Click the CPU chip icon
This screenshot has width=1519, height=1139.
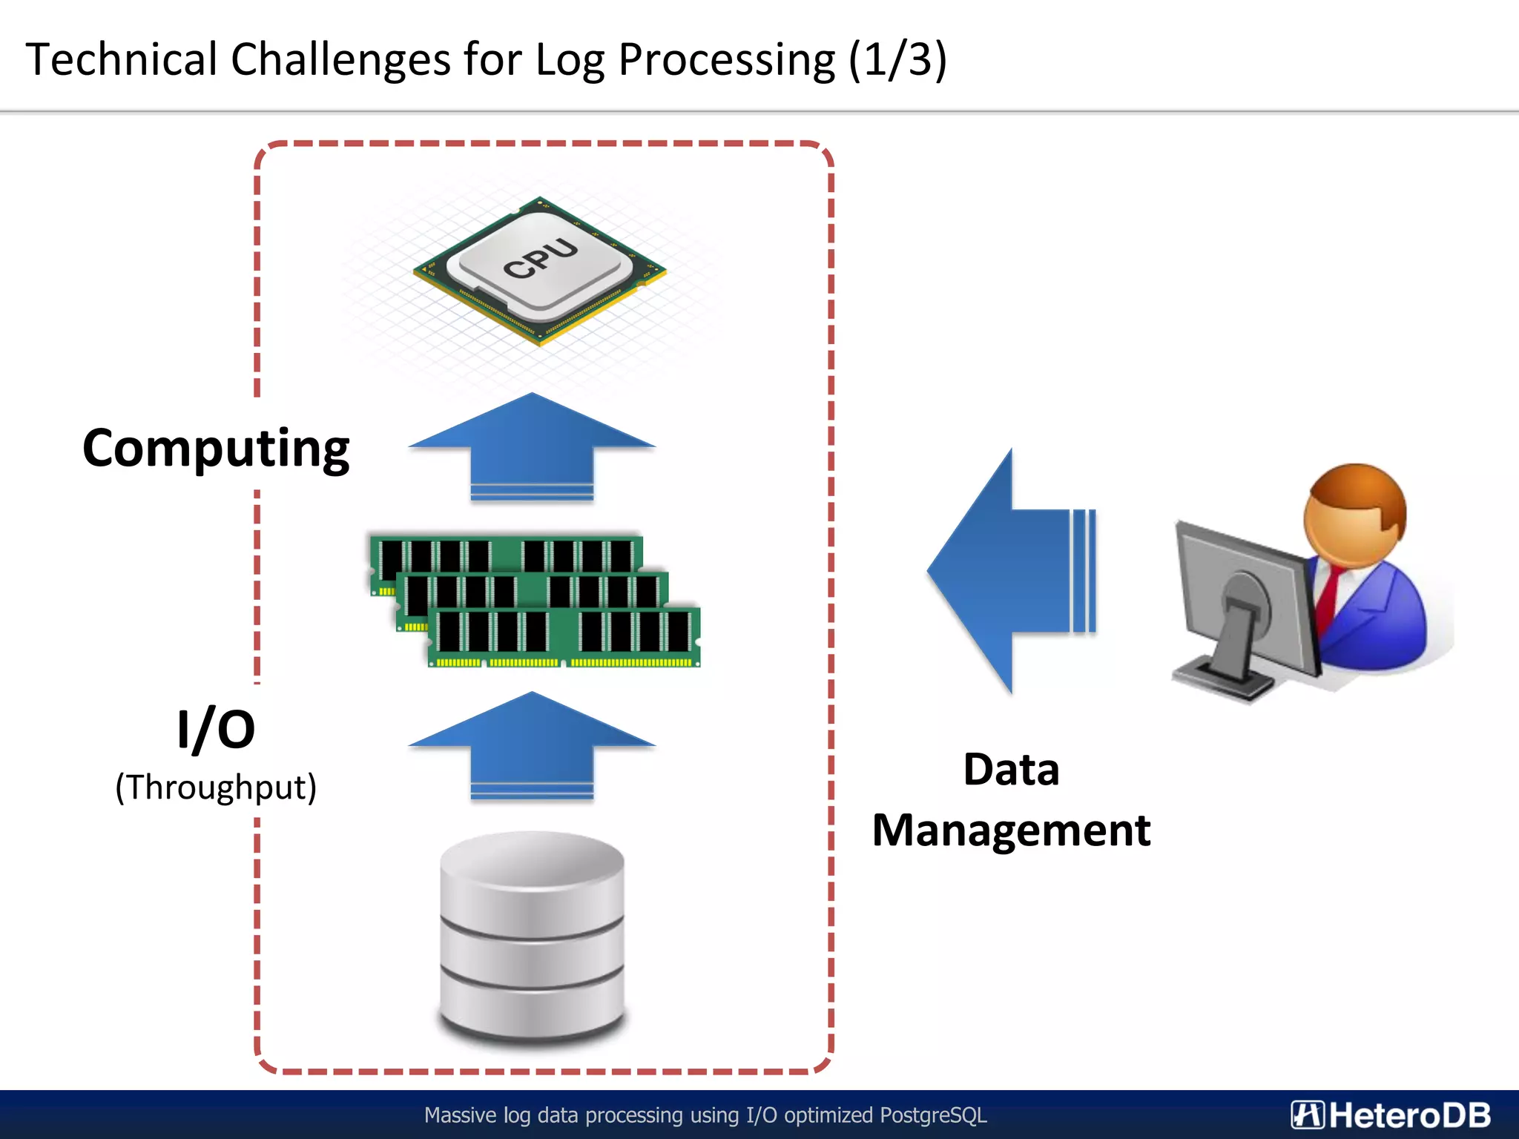[x=540, y=271]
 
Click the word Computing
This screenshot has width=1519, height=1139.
[x=216, y=448]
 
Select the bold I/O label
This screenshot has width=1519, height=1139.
[x=216, y=729]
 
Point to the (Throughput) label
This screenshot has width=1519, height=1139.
[x=216, y=787]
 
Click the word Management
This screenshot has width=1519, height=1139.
[x=1011, y=830]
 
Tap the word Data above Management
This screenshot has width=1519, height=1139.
[x=1011, y=769]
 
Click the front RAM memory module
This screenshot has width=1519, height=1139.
[x=564, y=636]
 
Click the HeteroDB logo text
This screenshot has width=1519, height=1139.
[x=1408, y=1115]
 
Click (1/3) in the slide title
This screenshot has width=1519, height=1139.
[x=897, y=59]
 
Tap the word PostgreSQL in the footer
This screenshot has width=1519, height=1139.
[x=933, y=1115]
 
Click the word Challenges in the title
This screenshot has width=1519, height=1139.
[x=340, y=59]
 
